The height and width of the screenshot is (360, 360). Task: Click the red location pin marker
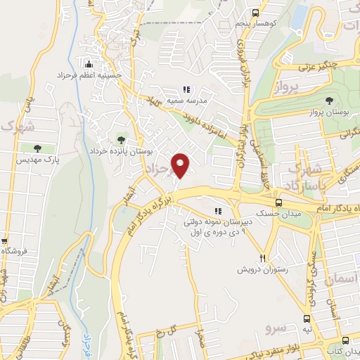(x=182, y=165)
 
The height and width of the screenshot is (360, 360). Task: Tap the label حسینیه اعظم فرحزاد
(x=89, y=74)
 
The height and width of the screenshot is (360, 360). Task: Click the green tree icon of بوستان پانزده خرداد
(x=122, y=139)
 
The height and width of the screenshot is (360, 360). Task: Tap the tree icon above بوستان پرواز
(x=330, y=102)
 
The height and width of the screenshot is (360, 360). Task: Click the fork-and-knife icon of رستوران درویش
(x=263, y=259)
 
